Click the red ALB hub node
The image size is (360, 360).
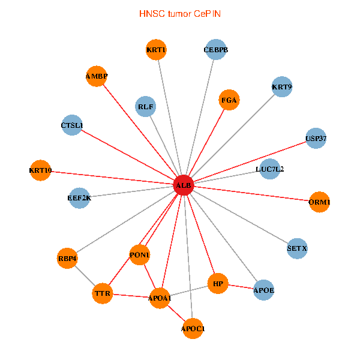click(183, 186)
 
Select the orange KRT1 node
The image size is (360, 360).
click(156, 50)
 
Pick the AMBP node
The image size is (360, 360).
click(96, 76)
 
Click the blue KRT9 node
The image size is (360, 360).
click(281, 87)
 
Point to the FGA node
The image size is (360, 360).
click(229, 100)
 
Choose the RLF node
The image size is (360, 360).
click(146, 107)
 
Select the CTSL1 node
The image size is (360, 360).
click(72, 125)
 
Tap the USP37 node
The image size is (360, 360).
click(316, 139)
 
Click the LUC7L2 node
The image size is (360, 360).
click(270, 169)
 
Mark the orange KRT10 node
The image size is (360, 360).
click(40, 170)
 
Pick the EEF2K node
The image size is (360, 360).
click(79, 198)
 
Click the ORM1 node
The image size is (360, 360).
click(319, 202)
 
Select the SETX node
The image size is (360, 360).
click(297, 248)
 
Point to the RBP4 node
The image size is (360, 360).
click(68, 259)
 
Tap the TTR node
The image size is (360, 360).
click(101, 294)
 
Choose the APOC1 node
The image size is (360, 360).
click(193, 328)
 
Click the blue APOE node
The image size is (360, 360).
click(263, 290)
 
